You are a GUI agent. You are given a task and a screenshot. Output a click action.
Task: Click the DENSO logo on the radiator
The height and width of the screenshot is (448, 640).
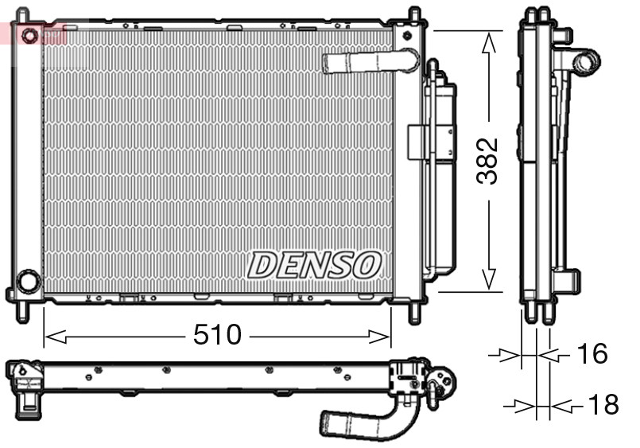click(315, 265)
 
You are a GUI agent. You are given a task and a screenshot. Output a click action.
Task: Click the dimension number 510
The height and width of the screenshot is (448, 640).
click(217, 335)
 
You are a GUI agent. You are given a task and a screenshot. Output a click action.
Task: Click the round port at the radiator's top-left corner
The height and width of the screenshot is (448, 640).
click(29, 36)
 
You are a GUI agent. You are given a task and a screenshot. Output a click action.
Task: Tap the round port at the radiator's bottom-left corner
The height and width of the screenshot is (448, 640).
click(29, 281)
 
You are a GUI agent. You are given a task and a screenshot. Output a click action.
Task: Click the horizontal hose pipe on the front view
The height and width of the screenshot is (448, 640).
click(367, 62)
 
